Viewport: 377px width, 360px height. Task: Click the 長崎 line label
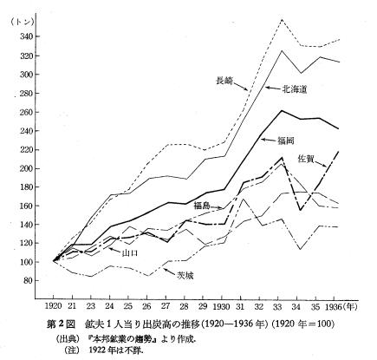224,81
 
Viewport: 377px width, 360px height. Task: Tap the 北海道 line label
295,89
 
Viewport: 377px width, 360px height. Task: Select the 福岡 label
286,141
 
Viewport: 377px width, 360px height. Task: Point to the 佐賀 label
306,159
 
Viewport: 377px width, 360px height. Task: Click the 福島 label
202,206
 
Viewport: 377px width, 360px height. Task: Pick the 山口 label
130,253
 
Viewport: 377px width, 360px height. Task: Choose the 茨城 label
185,276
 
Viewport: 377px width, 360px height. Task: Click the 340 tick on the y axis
25,36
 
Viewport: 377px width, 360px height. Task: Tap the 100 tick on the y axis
25,262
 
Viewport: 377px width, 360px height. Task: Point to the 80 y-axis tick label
28,280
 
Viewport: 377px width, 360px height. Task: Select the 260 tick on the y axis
25,112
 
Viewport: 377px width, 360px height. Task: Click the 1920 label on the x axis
54,306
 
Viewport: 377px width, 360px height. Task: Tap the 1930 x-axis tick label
222,306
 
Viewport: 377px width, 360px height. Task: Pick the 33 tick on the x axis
277,306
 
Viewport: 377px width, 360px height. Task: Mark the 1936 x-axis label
334,306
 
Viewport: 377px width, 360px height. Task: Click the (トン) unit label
22,23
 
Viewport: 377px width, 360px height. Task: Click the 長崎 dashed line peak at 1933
282,19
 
